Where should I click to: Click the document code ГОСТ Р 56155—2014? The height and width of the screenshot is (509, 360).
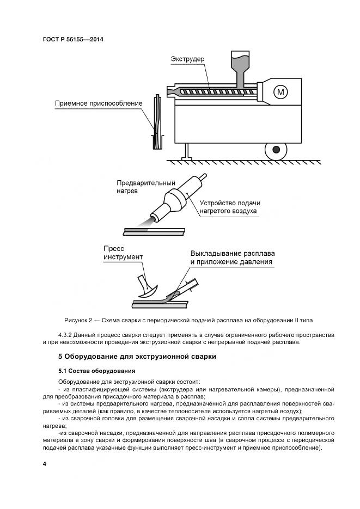click(72, 40)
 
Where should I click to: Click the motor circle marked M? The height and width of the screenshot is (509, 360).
click(281, 92)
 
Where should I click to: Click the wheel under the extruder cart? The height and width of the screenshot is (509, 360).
click(276, 148)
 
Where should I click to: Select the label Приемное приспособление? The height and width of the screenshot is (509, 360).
click(99, 103)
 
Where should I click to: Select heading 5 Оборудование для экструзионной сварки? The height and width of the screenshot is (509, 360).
click(137, 357)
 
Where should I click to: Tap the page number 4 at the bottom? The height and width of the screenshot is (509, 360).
click(45, 463)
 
